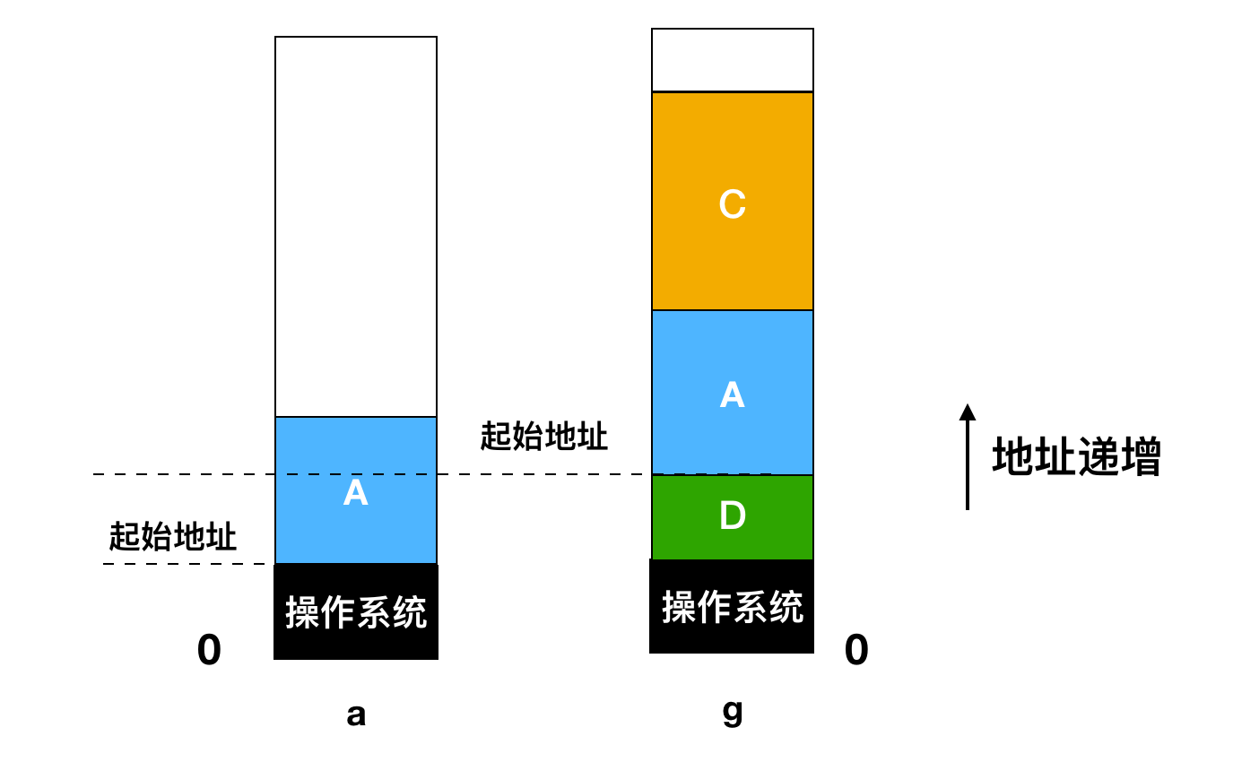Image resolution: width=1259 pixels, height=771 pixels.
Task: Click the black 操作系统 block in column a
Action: point(356,612)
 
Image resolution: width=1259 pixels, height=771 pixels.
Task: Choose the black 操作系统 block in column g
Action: point(732,607)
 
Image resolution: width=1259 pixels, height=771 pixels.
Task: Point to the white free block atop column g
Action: point(733,60)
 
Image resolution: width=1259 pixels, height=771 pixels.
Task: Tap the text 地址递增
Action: point(1076,457)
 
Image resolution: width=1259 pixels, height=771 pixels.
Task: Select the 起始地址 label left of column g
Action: point(544,437)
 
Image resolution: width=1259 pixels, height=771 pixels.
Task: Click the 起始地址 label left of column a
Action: point(173,537)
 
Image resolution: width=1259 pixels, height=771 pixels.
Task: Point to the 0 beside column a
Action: point(209,650)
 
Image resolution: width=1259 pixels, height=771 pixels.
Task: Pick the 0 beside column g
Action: point(856,650)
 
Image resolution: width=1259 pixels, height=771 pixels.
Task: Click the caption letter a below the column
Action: point(356,715)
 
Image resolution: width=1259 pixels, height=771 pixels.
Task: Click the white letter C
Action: point(733,204)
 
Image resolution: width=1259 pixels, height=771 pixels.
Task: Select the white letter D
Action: point(733,515)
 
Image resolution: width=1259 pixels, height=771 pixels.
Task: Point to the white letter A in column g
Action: point(733,394)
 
